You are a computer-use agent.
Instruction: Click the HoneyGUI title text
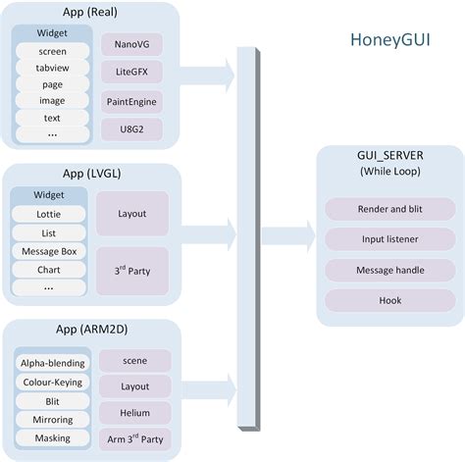pyautogui.click(x=395, y=41)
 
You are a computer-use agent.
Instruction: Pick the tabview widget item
pyautogui.click(x=52, y=67)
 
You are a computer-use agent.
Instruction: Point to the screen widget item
pyautogui.click(x=52, y=50)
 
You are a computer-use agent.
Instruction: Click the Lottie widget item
pyautogui.click(x=48, y=212)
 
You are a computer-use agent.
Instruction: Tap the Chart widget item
pyautogui.click(x=48, y=268)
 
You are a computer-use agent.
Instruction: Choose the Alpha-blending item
pyautogui.click(x=52, y=362)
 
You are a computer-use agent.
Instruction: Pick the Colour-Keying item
pyautogui.click(x=52, y=382)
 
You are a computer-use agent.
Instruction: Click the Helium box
pyautogui.click(x=134, y=412)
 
